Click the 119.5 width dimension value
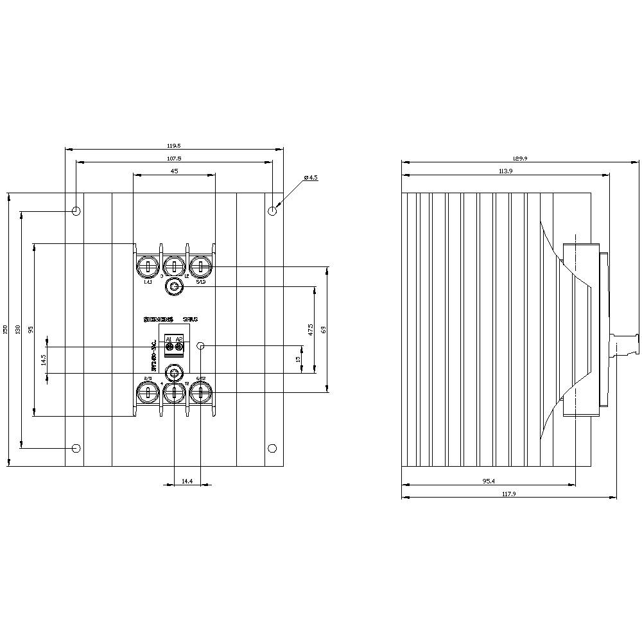pos(175,146)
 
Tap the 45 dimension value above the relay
pos(175,171)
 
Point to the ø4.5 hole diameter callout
pos(311,177)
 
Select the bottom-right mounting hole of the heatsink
pos(272,447)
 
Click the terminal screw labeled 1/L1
pos(148,266)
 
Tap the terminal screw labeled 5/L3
pos(202,266)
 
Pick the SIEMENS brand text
pos(158,319)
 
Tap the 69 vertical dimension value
pos(324,329)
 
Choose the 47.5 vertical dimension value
pos(311,329)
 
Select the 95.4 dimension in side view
pos(489,480)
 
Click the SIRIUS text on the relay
pos(190,319)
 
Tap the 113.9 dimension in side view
pos(505,171)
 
